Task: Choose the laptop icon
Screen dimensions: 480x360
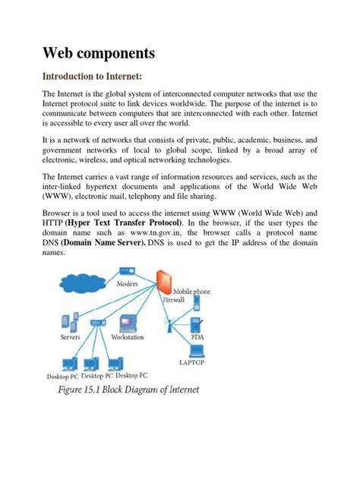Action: pos(196,351)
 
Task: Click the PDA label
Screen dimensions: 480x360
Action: pos(197,335)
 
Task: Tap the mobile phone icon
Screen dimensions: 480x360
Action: pos(197,304)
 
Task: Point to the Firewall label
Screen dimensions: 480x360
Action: pos(173,300)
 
